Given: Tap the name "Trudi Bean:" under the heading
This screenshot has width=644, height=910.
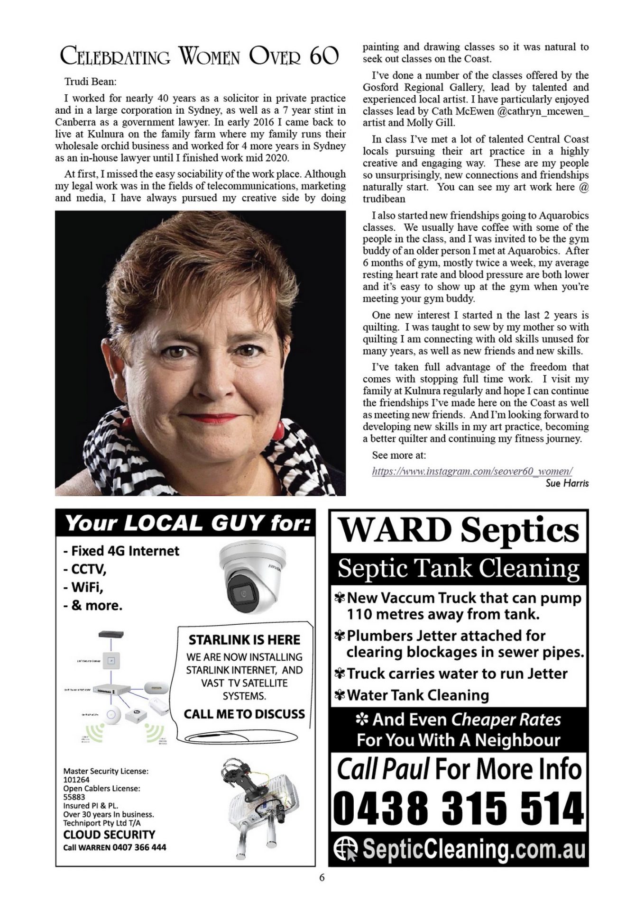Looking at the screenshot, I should tap(90, 82).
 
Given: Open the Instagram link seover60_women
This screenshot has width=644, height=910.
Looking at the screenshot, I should tap(472, 471).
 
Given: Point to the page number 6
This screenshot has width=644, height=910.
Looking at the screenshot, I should tap(322, 877).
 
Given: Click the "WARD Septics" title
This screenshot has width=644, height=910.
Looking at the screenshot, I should tap(459, 530).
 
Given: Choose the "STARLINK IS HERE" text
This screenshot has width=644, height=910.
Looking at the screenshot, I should tap(244, 640).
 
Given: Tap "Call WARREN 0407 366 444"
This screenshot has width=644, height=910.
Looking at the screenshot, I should tap(115, 847).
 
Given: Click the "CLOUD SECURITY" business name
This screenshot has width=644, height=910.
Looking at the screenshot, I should tap(109, 835).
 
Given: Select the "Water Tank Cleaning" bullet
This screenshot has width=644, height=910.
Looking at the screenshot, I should tap(417, 695).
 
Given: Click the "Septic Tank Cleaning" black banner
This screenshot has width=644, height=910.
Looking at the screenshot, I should tap(459, 568).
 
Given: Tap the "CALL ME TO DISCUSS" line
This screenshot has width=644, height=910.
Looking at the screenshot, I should tap(244, 714).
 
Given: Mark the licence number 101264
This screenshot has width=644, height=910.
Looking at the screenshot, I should tap(76, 780).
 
